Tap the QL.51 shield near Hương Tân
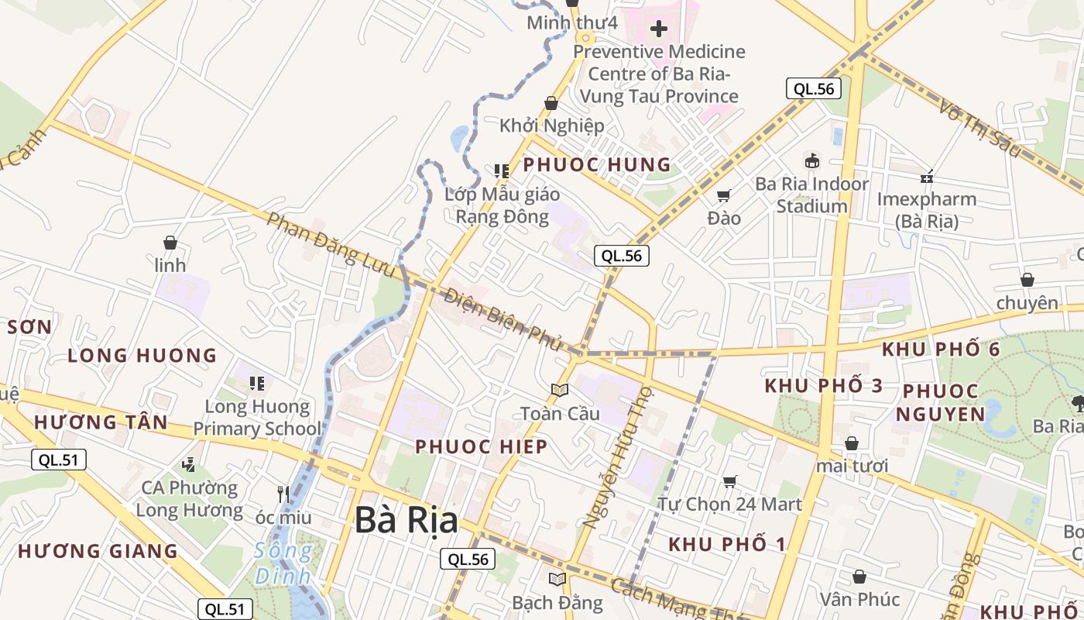coord(59,460)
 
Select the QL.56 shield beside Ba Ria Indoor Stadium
coord(814,88)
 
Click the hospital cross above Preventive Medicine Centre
coord(658,29)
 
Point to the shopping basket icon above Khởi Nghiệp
coord(551,103)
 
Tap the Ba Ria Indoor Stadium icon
coord(811,161)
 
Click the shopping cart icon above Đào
coord(724,196)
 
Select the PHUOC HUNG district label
coord(597,164)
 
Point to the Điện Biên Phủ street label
coord(503,319)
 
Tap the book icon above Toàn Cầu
coord(560,390)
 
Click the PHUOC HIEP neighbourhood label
coord(481,446)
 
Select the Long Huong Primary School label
coord(257,418)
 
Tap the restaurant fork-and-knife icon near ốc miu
coord(283,493)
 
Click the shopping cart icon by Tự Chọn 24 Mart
coord(729,482)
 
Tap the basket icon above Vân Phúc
coord(859,577)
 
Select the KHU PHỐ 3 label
coord(824,386)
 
